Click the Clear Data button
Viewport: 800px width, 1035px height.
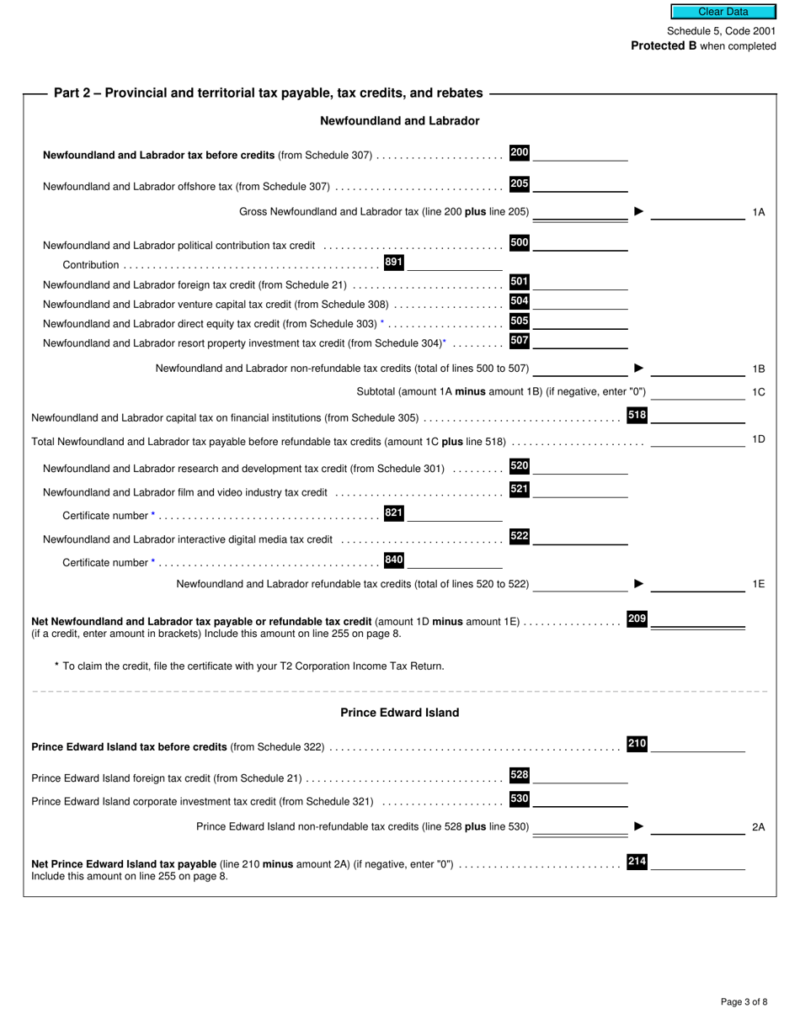click(x=723, y=12)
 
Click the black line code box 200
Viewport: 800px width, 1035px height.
click(x=520, y=152)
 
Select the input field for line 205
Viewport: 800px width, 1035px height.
click(x=580, y=184)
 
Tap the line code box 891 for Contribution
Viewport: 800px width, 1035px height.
click(x=393, y=263)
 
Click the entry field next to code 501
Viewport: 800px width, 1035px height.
click(x=580, y=283)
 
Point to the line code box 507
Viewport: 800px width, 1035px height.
click(x=520, y=341)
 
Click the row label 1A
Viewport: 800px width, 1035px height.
click(x=758, y=212)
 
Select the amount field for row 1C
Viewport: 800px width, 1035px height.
click(x=698, y=392)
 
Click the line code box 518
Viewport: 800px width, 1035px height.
click(x=637, y=415)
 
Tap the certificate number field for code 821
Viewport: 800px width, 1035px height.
click(x=455, y=514)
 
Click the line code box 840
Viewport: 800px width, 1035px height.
click(x=393, y=560)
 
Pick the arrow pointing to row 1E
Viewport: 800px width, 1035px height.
click(x=638, y=583)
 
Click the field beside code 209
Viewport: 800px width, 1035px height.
click(x=698, y=620)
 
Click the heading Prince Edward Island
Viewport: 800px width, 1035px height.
click(x=399, y=713)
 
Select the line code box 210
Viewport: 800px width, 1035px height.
click(x=637, y=744)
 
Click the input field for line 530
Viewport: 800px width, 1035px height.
click(x=580, y=799)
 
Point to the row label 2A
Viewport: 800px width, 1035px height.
click(x=758, y=827)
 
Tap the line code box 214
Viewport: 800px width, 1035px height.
click(x=637, y=862)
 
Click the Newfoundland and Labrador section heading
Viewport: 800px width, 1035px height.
click(x=399, y=121)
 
